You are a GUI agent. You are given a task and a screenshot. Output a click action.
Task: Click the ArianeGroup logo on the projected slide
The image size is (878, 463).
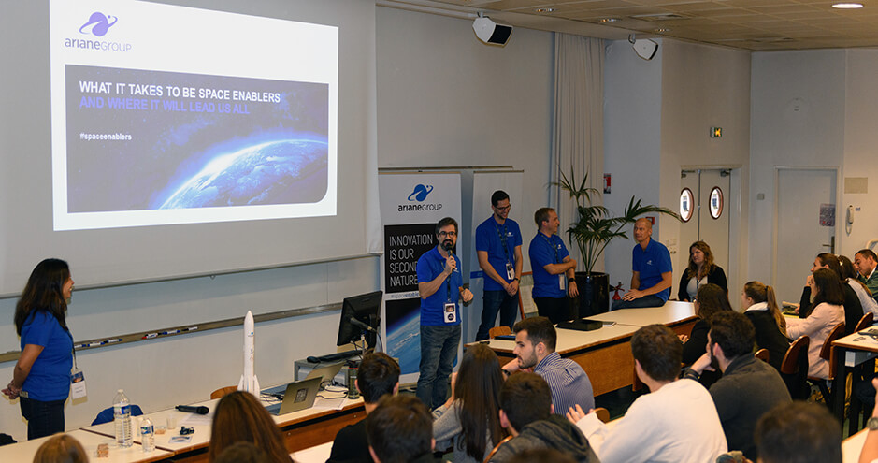[x=97, y=30]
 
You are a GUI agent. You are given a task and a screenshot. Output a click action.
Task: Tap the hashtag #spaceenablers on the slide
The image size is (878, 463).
[x=105, y=137]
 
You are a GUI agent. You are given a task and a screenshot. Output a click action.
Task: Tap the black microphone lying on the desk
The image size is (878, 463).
[x=193, y=409]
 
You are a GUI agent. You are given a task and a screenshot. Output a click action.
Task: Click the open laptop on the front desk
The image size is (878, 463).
[x=297, y=396]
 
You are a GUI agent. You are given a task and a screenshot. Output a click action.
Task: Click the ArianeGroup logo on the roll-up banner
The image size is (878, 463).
[x=420, y=197]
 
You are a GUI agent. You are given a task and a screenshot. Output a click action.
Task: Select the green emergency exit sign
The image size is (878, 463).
[x=715, y=132]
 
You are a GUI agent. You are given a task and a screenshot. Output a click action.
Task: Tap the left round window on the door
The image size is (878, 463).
[x=686, y=204]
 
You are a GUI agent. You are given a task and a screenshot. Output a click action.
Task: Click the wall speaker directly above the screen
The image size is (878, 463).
[x=492, y=31]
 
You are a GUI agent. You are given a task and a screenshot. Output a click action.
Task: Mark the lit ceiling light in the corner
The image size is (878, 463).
[x=847, y=5]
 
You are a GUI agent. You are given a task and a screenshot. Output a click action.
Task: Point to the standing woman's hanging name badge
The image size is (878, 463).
[x=78, y=385]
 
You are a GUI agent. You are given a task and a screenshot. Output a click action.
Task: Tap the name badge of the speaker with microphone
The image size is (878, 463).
[x=450, y=311]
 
